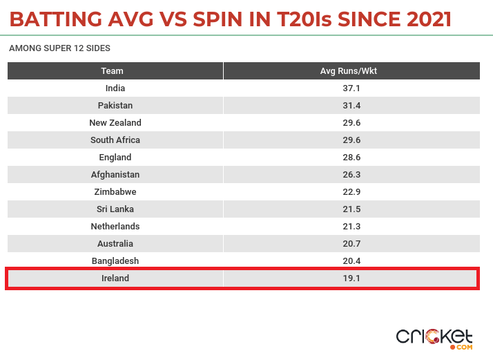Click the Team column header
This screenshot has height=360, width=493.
115,71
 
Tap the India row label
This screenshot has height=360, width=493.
115,88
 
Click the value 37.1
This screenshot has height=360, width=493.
351,88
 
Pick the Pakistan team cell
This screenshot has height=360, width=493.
115,106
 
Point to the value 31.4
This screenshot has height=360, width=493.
351,106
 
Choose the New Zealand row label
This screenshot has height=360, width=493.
115,123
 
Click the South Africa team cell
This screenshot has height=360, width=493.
115,140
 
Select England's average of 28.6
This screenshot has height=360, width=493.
351,158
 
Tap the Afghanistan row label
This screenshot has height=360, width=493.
115,175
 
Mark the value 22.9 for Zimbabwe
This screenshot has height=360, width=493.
351,192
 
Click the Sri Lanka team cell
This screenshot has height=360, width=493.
115,209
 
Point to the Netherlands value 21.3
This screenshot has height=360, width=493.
351,227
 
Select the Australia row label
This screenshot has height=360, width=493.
115,244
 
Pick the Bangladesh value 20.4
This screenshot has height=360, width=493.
351,261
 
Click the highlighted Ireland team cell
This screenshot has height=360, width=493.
115,278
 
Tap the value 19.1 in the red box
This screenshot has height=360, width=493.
351,278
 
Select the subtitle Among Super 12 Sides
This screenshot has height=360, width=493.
59,49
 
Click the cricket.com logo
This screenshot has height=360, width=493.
434,338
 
